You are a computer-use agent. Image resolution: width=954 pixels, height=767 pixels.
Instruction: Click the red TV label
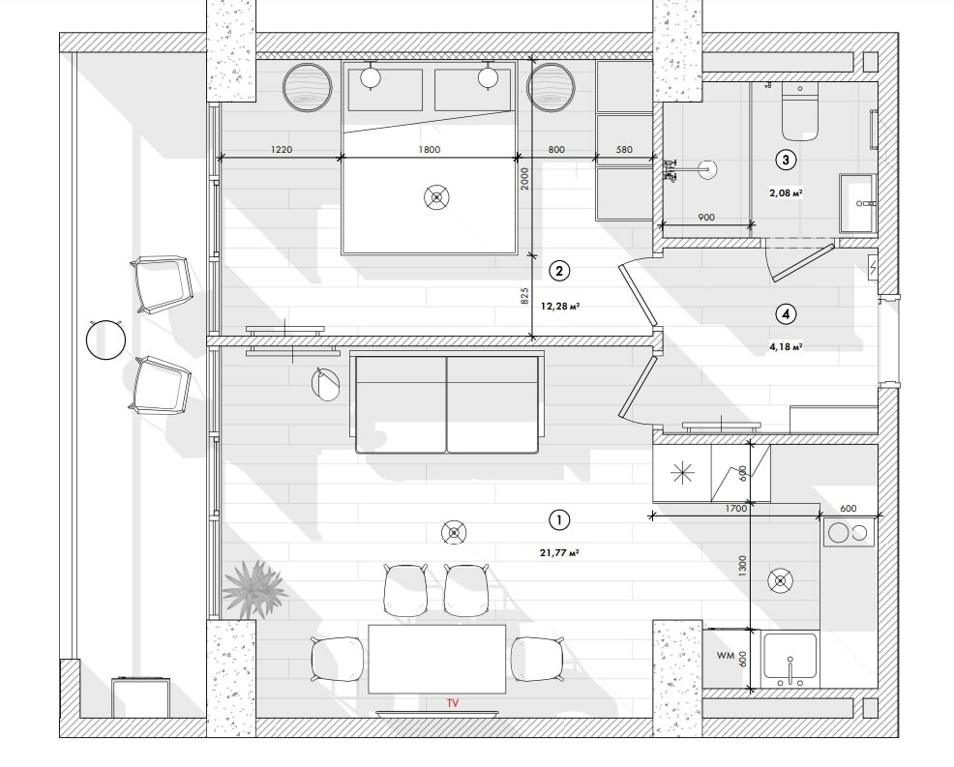(x=451, y=703)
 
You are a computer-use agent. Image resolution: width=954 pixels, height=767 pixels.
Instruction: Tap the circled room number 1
(x=558, y=520)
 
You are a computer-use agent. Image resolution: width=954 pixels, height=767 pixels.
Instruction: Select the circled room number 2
(x=558, y=271)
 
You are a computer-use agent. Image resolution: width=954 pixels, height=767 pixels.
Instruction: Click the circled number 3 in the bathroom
(x=786, y=160)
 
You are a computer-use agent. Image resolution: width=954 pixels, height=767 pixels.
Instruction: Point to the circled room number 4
(x=786, y=313)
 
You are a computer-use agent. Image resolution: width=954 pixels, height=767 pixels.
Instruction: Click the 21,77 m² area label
(x=558, y=553)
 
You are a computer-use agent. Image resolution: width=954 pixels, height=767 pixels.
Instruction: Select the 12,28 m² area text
(x=559, y=306)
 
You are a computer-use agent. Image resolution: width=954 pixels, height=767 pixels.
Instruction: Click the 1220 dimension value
(x=282, y=149)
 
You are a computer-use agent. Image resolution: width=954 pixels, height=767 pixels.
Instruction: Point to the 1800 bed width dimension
(x=429, y=149)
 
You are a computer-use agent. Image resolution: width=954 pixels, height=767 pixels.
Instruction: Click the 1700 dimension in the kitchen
(x=734, y=507)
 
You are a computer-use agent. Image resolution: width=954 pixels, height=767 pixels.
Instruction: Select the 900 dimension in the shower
(x=705, y=218)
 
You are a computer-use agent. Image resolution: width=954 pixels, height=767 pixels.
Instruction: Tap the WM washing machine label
(x=725, y=656)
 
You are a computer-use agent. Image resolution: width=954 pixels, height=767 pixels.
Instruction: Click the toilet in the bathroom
(x=800, y=111)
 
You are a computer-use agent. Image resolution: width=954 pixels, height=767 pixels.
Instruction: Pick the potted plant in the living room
(x=254, y=587)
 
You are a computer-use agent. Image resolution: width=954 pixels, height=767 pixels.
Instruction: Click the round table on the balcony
(x=106, y=339)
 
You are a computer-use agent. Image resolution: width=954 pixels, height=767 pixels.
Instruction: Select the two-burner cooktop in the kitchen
(x=849, y=532)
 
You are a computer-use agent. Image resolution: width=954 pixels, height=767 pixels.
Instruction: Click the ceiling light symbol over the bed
(x=437, y=198)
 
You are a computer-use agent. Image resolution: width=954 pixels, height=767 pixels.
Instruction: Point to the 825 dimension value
(x=523, y=296)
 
